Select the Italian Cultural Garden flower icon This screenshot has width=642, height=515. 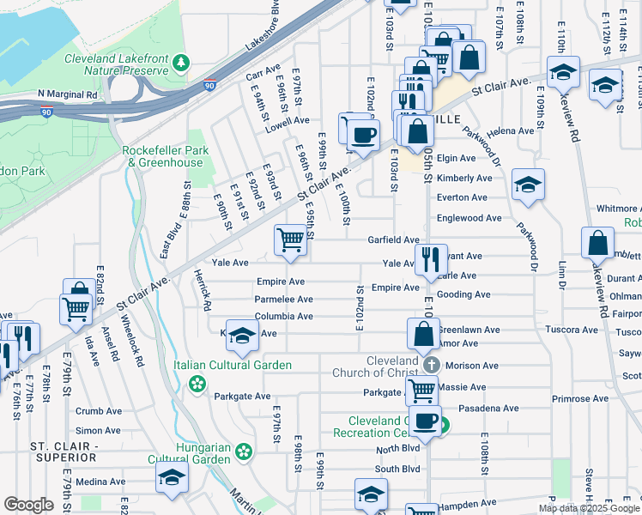[198, 383]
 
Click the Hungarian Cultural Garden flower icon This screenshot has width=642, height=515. [244, 451]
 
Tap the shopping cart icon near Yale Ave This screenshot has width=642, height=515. [291, 240]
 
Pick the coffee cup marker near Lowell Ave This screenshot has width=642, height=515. [364, 135]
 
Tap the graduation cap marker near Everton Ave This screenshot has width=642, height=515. [528, 184]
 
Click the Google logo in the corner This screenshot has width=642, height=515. [28, 505]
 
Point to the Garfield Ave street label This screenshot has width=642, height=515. [393, 240]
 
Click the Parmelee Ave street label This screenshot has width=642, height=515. [283, 300]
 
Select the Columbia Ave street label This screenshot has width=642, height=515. [283, 317]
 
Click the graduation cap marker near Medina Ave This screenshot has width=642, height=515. [172, 478]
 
